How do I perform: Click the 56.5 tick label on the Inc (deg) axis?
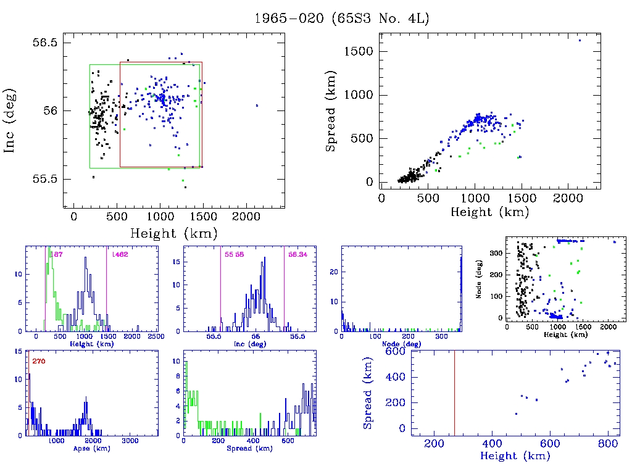[x=45, y=43]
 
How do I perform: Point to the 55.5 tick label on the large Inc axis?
[x=45, y=179]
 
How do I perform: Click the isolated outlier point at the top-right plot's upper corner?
[x=580, y=41]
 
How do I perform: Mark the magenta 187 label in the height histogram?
[x=57, y=254]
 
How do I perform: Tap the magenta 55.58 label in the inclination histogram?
[x=235, y=254]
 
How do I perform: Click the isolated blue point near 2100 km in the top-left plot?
[x=257, y=106]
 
